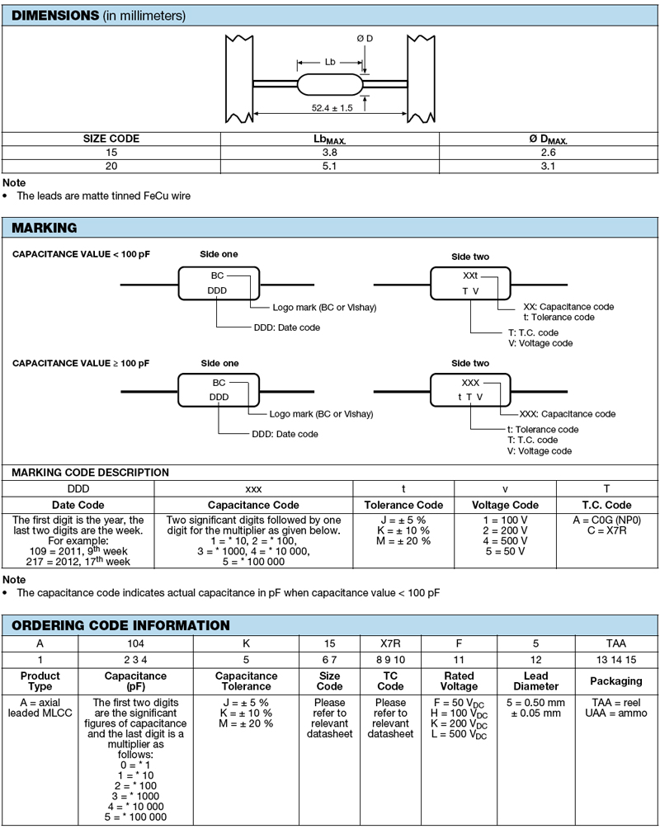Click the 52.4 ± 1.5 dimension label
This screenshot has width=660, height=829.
tap(332, 108)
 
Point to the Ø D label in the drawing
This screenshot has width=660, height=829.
tap(365, 39)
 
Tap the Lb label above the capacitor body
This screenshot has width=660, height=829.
tap(330, 63)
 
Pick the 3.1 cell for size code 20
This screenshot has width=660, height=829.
tap(547, 166)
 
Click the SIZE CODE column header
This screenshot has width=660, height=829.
tap(111, 139)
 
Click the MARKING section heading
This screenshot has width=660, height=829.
tap(45, 228)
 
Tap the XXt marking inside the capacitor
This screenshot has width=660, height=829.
tap(470, 276)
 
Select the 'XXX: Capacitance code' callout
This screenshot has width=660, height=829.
tap(568, 414)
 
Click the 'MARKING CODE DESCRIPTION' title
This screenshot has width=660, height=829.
tap(90, 473)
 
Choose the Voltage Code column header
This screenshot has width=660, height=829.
tap(505, 505)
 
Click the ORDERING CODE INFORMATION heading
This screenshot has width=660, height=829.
tap(120, 625)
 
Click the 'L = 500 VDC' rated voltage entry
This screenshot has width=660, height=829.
tap(459, 735)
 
